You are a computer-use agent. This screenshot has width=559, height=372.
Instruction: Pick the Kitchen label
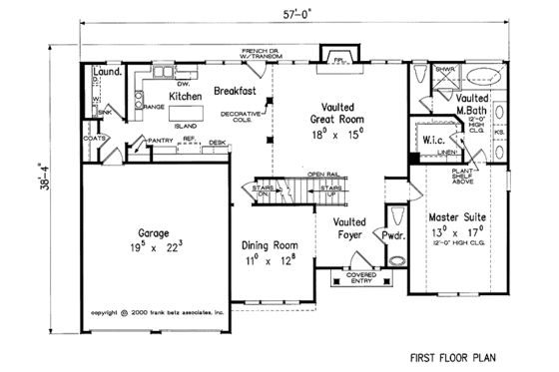[x=186, y=96]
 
